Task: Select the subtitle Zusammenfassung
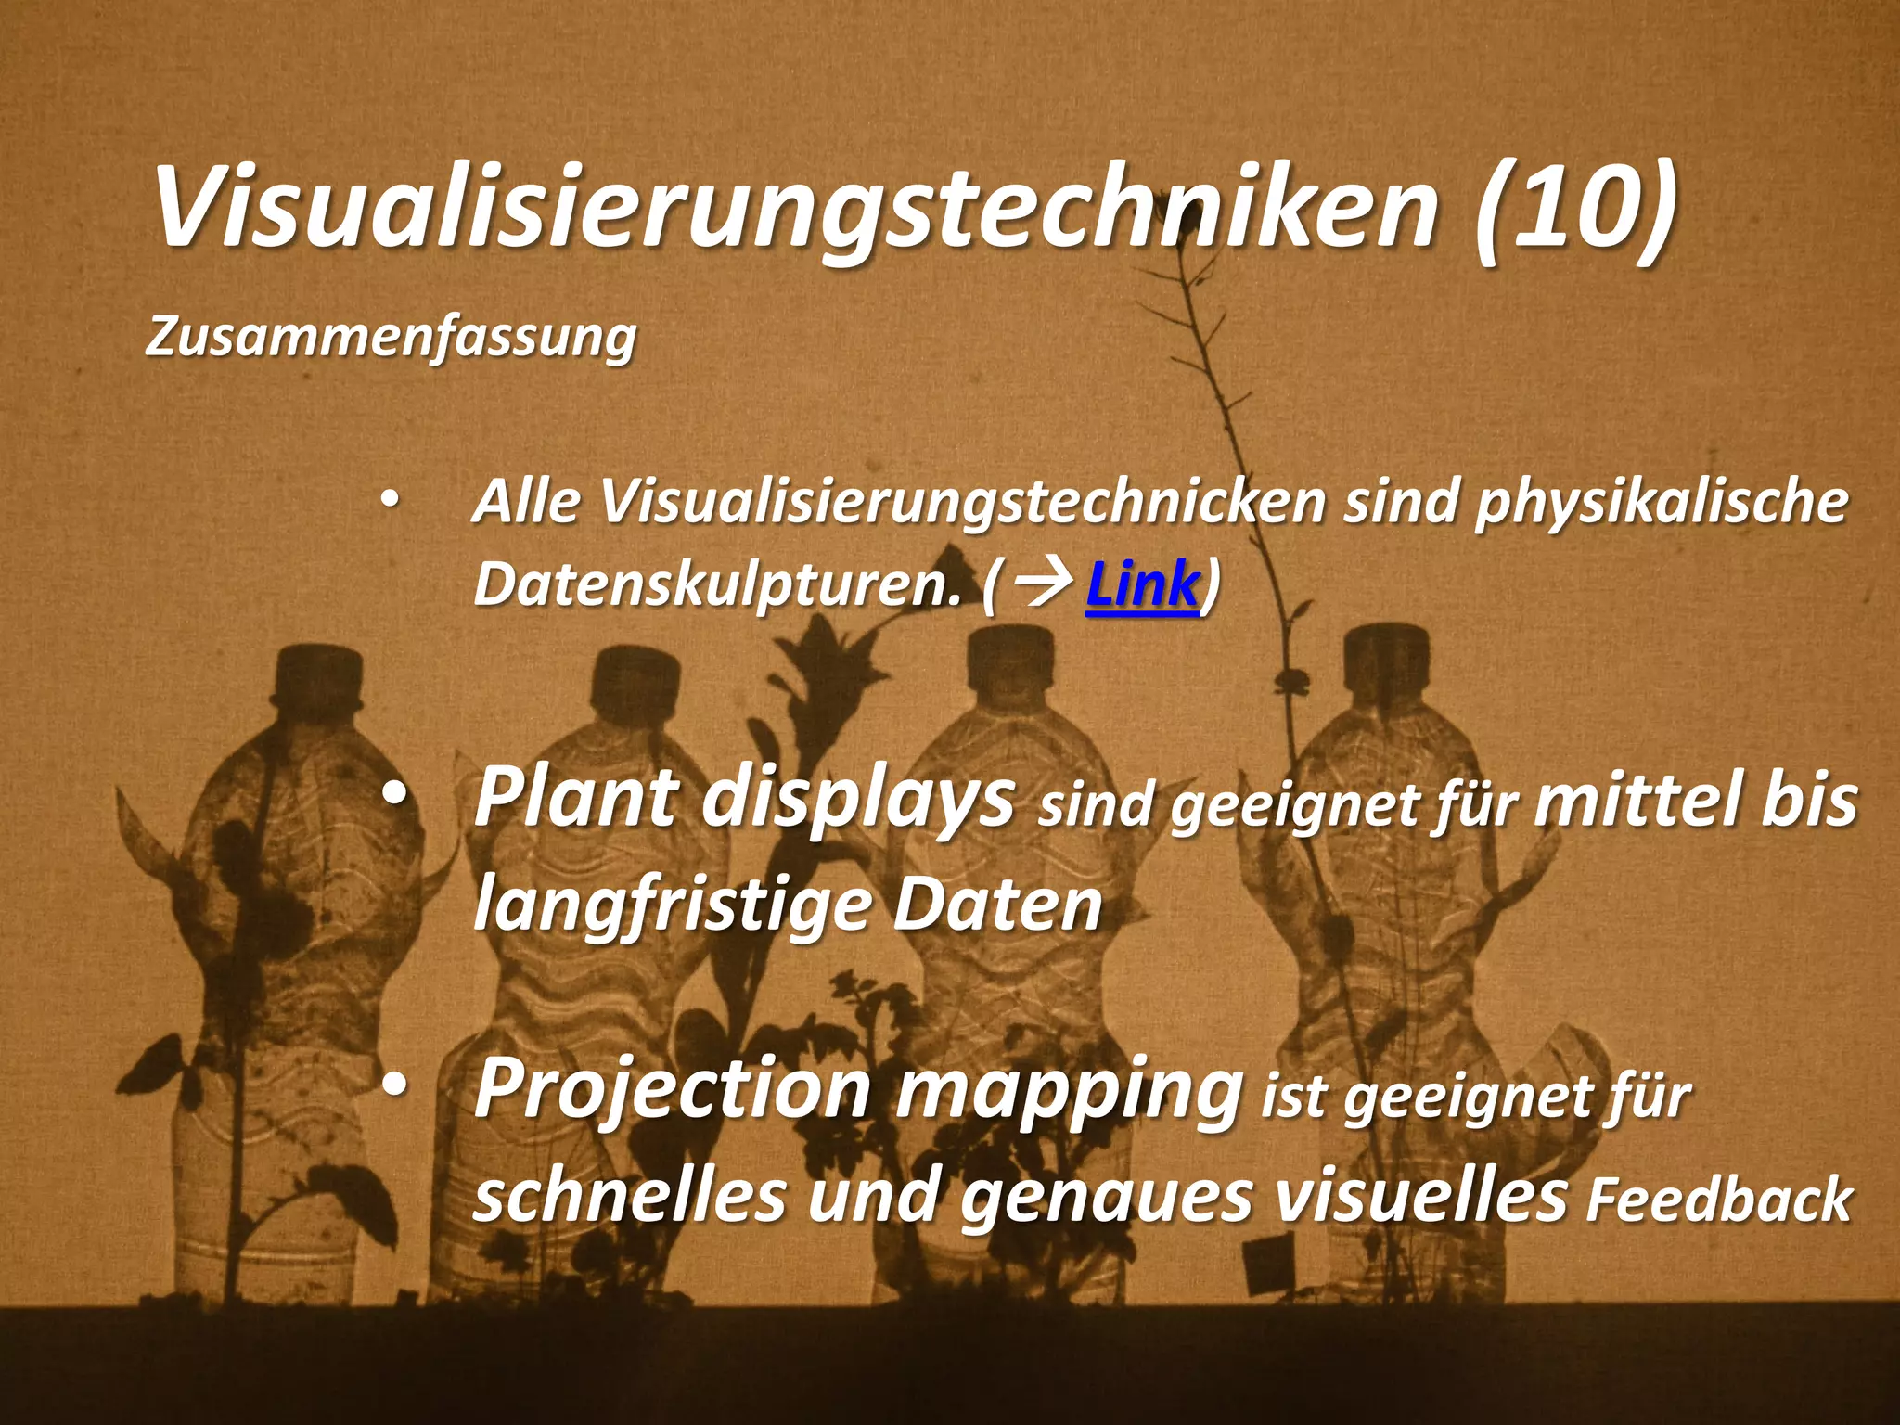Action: [391, 336]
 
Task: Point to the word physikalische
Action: [1661, 502]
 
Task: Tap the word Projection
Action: [673, 1090]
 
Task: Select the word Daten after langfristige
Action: [997, 905]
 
